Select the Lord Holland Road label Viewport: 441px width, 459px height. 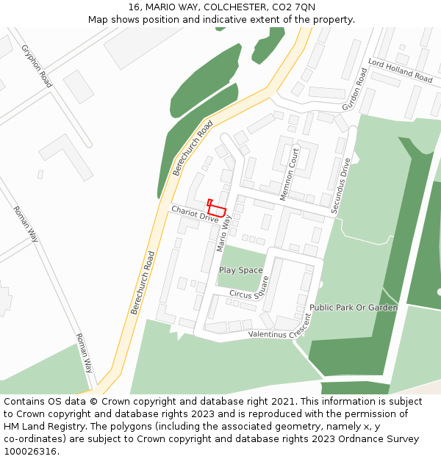[401, 71]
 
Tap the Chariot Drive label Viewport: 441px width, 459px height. [195, 214]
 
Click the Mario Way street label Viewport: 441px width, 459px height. [223, 233]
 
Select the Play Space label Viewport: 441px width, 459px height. [240, 270]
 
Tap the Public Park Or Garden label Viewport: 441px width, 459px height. [354, 308]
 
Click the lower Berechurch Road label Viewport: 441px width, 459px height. [143, 283]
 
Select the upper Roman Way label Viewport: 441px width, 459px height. [26, 224]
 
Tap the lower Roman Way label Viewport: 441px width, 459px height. [85, 353]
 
